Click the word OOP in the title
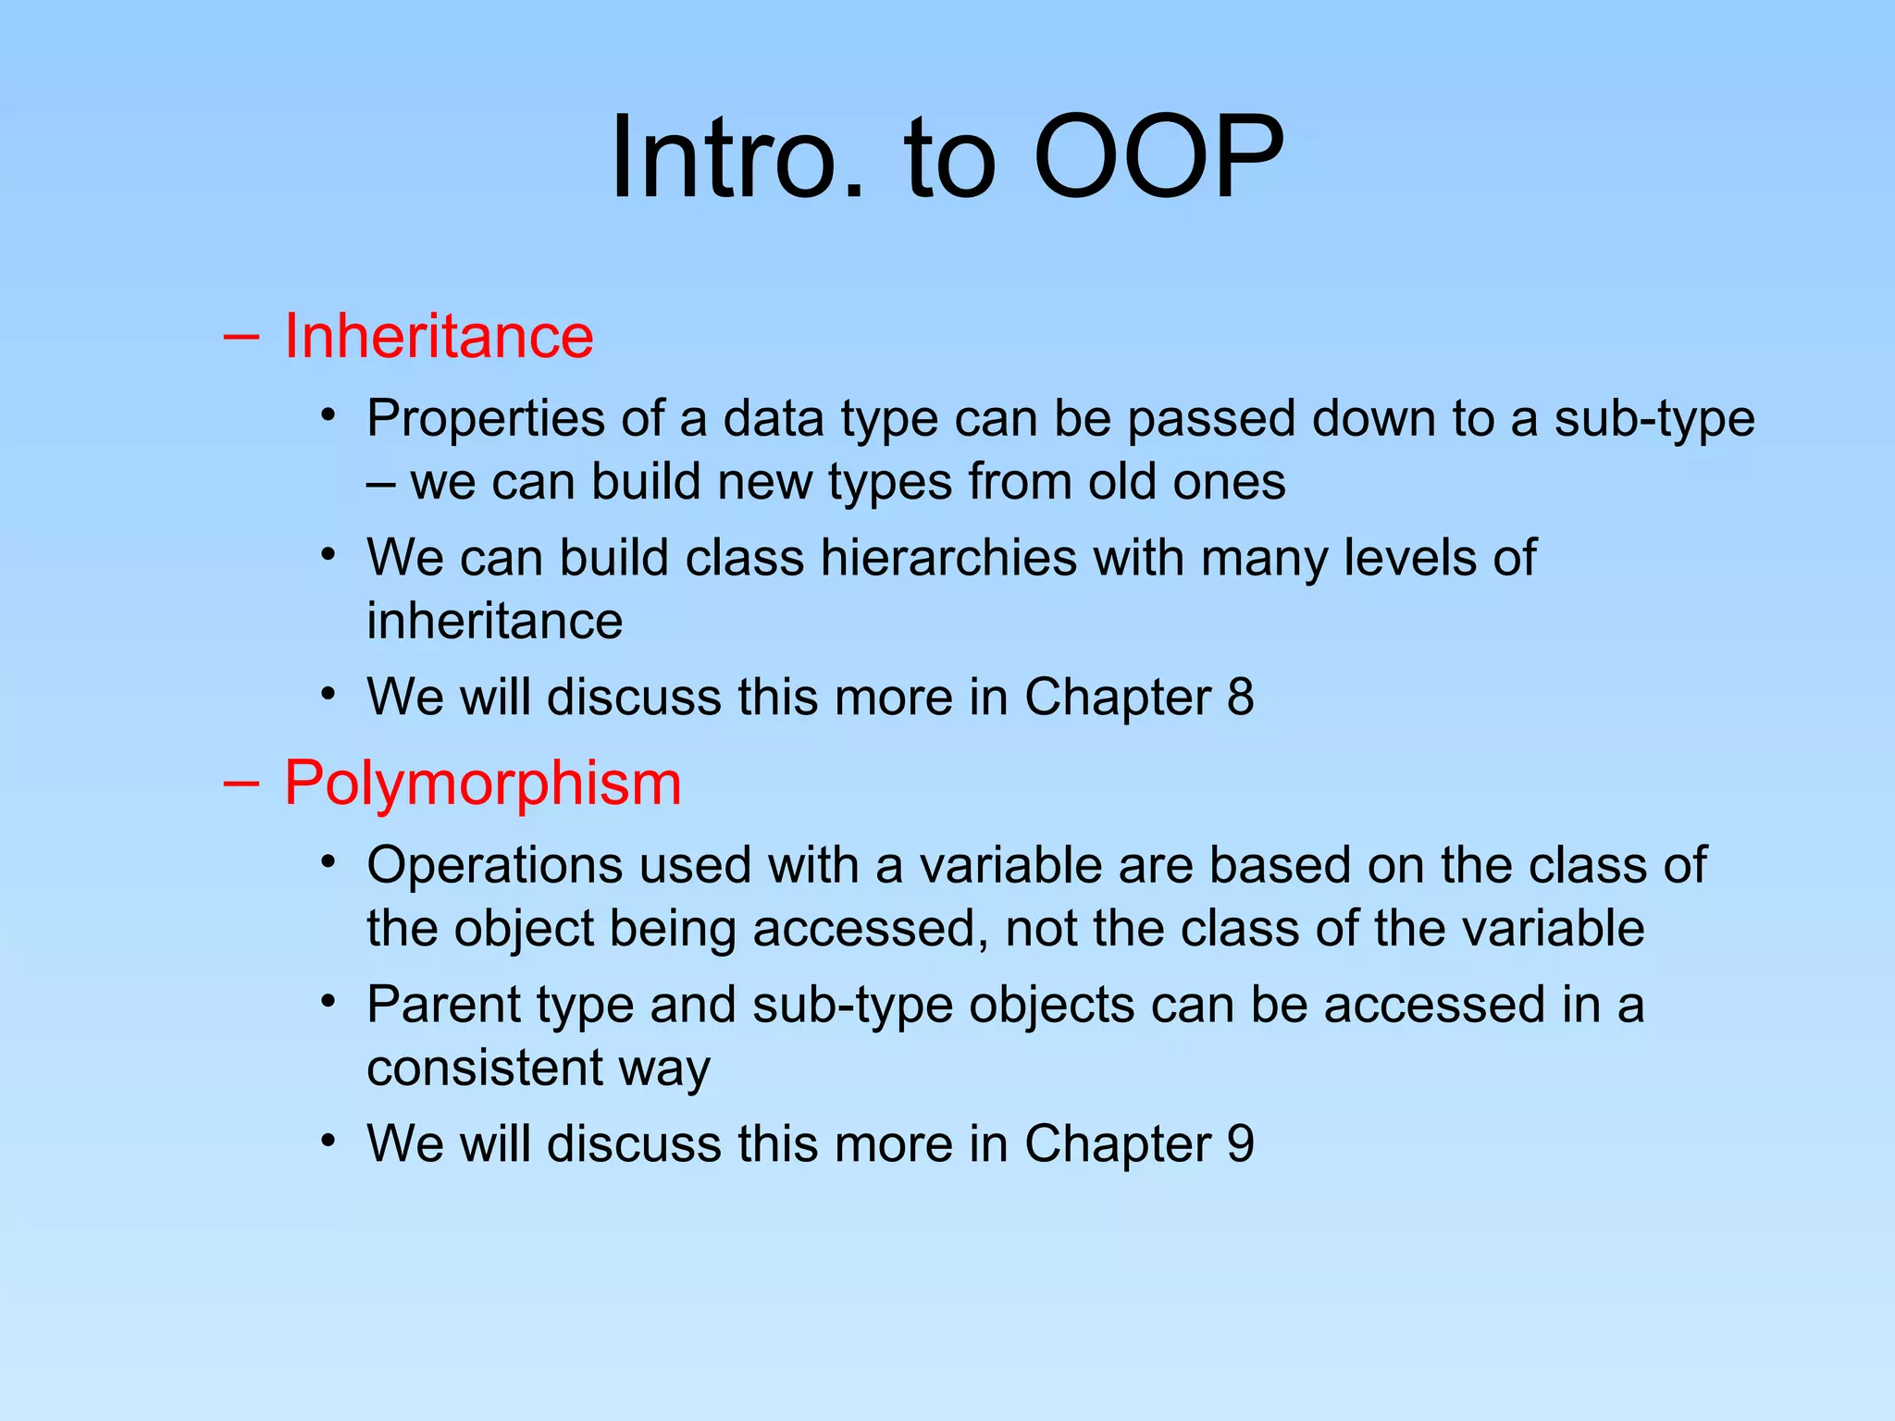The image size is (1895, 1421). coord(1158,157)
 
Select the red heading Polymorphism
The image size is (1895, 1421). coord(482,783)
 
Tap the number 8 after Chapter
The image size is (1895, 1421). coord(1240,697)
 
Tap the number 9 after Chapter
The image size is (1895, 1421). coord(1240,1143)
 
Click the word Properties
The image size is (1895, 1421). coord(486,419)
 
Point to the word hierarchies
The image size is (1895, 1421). coord(948,558)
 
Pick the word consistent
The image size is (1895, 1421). coord(485,1068)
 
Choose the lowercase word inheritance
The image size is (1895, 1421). coord(494,621)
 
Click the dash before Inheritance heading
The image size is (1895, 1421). coord(241,337)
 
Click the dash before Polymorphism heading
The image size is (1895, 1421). coord(241,784)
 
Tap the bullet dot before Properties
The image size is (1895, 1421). coord(328,415)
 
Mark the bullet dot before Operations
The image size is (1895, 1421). coord(328,862)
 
